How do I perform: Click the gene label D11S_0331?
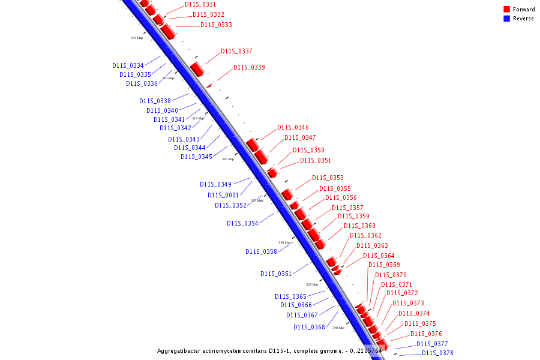200,4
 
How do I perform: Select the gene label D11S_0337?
236,51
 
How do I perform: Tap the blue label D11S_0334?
128,65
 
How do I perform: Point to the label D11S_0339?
249,67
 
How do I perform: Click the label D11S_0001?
223,195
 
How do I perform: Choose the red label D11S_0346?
293,127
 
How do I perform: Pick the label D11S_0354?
242,223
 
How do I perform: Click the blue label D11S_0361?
276,274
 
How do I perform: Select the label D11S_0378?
437,353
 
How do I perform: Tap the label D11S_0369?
384,265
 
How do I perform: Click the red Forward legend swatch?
507,9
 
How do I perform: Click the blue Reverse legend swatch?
507,19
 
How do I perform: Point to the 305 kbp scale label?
137,38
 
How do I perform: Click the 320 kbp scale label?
228,159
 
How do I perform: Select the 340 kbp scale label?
338,328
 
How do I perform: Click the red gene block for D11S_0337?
197,68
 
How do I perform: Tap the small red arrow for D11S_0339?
209,86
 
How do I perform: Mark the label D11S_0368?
309,327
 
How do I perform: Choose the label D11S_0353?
328,178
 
